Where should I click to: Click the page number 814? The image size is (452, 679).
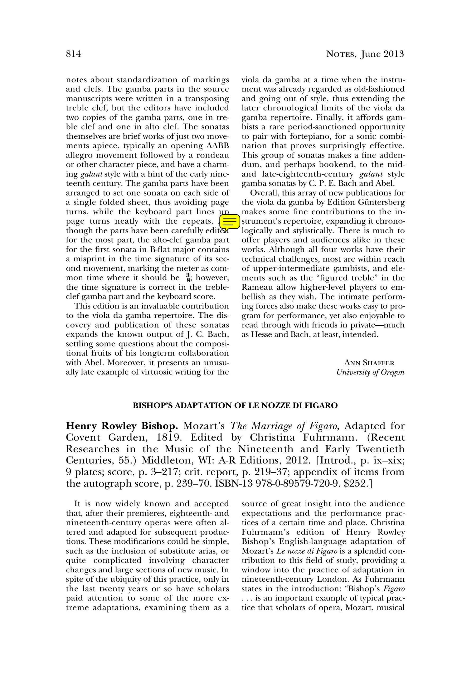coord(74,54)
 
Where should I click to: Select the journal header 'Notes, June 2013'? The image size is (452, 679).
coord(365,54)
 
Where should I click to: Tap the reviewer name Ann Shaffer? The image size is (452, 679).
coord(369,363)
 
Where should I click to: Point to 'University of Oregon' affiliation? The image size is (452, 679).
coord(370,372)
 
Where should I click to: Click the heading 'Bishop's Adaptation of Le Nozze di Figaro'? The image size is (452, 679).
coord(235,405)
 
